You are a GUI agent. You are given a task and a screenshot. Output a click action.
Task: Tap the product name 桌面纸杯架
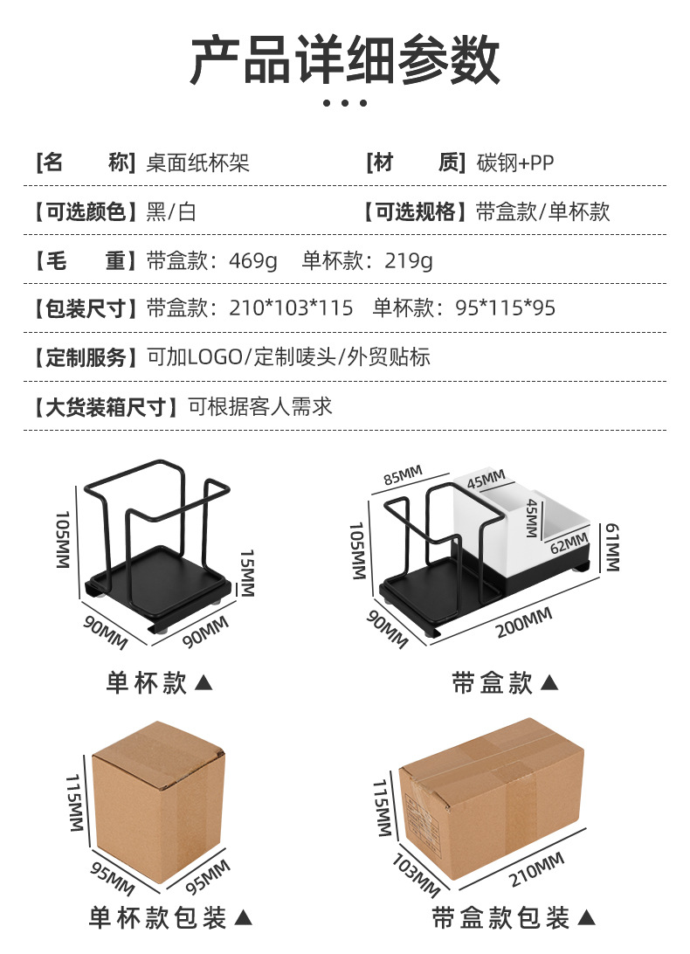coord(197,162)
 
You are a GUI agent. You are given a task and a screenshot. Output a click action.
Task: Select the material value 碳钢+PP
coord(515,162)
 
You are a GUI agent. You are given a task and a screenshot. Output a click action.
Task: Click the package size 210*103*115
coord(291,308)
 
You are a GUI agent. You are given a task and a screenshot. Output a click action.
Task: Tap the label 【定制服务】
coord(85,357)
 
